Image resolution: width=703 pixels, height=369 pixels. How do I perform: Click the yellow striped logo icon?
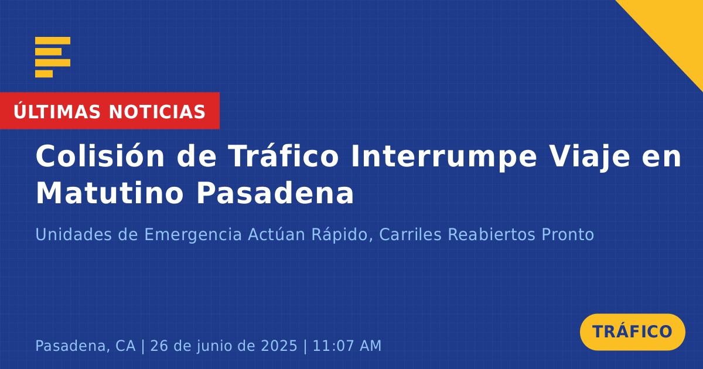tap(53, 57)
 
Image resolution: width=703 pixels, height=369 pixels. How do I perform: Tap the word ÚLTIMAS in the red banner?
tap(57, 111)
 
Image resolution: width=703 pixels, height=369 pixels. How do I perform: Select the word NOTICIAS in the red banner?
tap(157, 112)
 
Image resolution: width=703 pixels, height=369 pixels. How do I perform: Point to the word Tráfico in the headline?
tap(284, 156)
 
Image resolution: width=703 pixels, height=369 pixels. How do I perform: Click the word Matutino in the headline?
tap(110, 193)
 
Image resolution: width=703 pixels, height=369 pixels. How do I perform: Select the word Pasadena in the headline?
tap(275, 193)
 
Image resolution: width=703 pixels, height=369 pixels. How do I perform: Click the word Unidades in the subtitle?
tap(73, 234)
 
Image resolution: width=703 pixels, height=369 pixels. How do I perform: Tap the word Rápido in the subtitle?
tap(342, 235)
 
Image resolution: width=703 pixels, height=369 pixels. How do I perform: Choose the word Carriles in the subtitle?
tap(411, 234)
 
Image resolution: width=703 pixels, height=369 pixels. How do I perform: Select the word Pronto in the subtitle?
tap(568, 234)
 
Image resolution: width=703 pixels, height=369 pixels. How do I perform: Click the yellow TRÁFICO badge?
tap(632, 332)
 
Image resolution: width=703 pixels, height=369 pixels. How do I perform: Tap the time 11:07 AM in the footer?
tap(347, 346)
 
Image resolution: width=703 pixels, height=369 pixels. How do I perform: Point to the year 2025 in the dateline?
tap(279, 346)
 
